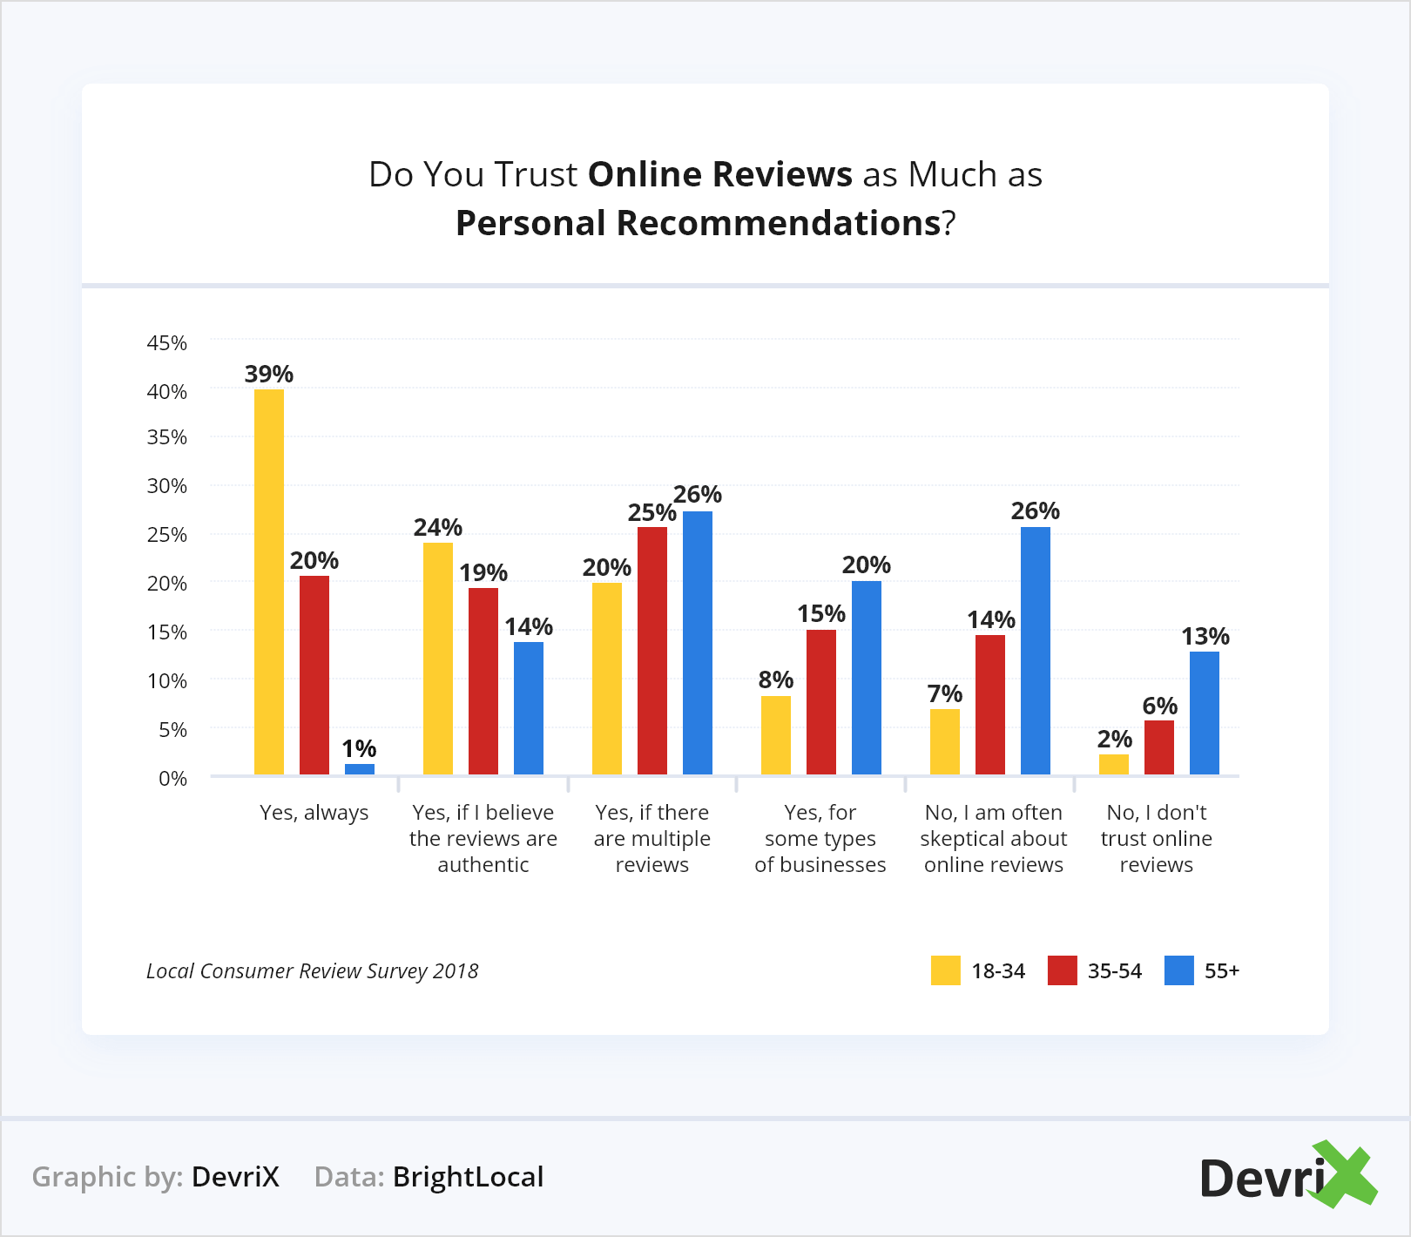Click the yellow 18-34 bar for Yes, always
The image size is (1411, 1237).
point(269,582)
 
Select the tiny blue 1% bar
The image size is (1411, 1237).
point(360,769)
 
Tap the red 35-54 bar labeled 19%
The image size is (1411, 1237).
point(483,681)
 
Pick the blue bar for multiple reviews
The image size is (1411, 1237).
point(698,643)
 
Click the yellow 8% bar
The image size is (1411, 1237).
point(776,735)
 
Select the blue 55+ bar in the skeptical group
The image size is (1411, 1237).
point(1036,651)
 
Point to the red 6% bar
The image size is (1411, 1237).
point(1159,747)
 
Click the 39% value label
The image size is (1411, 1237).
point(269,374)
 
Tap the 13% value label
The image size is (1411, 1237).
point(1205,636)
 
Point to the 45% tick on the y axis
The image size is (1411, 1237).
point(167,343)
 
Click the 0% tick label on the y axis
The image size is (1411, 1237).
point(172,779)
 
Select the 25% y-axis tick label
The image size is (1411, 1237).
point(167,535)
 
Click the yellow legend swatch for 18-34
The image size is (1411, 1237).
point(946,970)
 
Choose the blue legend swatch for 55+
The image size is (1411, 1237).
point(1179,970)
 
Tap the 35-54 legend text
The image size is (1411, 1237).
point(1115,971)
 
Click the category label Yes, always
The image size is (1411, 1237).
point(314,813)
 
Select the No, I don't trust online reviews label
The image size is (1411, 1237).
point(1157,838)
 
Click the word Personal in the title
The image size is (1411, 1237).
point(530,223)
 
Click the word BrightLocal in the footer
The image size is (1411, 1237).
point(469,1177)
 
